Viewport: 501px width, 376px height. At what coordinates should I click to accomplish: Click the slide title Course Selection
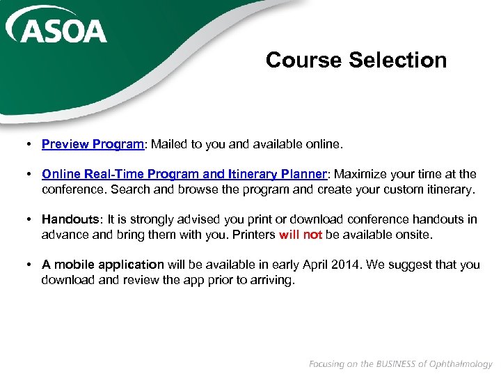pyautogui.click(x=356, y=60)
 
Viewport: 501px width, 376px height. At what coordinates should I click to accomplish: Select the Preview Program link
pyautogui.click(x=93, y=144)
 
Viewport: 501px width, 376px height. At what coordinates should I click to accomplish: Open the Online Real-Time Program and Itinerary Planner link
pyautogui.click(x=184, y=174)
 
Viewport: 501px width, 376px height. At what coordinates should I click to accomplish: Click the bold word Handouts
pyautogui.click(x=67, y=219)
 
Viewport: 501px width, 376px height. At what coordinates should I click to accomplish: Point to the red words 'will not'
pyautogui.click(x=301, y=235)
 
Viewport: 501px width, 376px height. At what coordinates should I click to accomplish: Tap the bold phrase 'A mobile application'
pyautogui.click(x=102, y=265)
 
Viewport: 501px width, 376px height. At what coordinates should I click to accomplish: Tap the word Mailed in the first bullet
pyautogui.click(x=170, y=144)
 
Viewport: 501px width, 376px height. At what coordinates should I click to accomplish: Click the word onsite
pyautogui.click(x=413, y=235)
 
